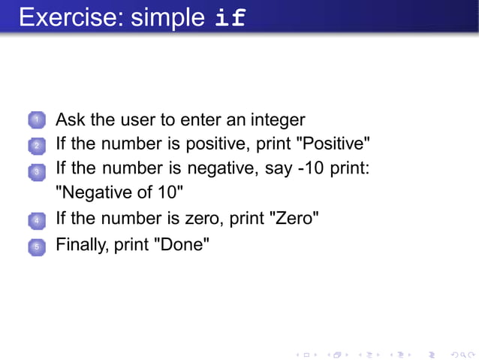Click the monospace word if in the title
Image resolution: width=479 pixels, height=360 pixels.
230,17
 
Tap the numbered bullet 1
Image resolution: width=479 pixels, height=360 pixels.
36,120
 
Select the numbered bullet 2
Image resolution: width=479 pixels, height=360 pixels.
36,145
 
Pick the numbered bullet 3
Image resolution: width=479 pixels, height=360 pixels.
36,172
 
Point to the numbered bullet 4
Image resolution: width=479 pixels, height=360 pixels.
36,221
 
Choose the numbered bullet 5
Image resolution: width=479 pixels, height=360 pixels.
36,245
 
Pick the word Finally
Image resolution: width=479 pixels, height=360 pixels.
82,244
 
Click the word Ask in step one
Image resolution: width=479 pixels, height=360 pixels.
71,119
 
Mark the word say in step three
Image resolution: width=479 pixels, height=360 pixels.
279,169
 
